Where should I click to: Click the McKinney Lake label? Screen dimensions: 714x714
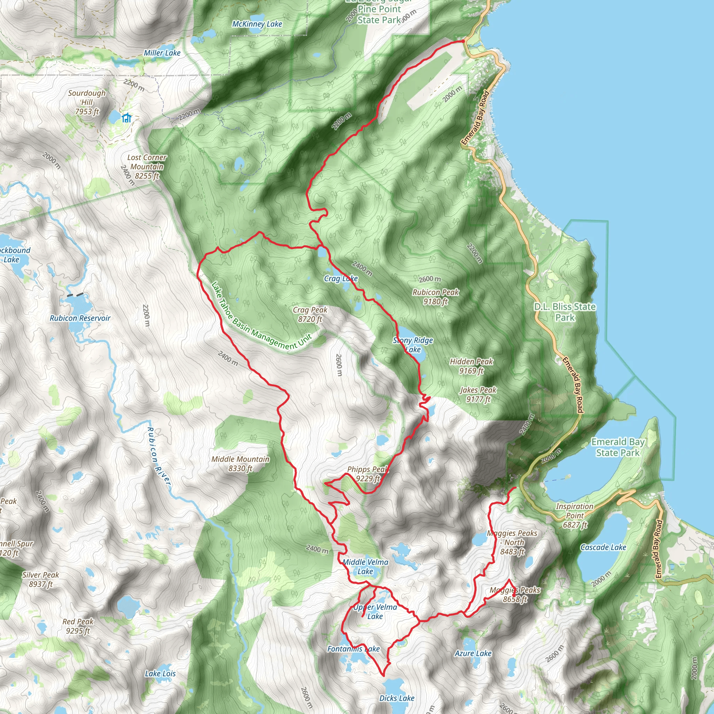click(x=257, y=24)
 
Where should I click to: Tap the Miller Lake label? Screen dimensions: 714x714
click(x=162, y=53)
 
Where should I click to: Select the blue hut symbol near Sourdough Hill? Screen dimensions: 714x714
click(x=127, y=118)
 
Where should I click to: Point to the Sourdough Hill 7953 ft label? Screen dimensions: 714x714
click(x=87, y=102)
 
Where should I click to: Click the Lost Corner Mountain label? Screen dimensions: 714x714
click(x=147, y=167)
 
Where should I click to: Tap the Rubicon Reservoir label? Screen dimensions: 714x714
click(x=80, y=318)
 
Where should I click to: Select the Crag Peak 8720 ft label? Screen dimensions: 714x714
click(x=310, y=314)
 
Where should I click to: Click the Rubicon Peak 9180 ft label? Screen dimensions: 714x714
click(x=435, y=297)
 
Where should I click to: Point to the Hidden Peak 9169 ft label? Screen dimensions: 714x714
click(x=471, y=366)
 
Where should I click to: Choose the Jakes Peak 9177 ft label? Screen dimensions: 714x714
click(x=478, y=394)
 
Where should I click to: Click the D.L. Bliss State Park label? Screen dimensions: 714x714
click(x=565, y=312)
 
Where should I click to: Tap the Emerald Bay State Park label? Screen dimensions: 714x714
click(x=617, y=447)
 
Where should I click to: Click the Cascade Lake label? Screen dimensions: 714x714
click(x=603, y=547)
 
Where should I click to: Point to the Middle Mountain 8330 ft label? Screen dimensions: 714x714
click(x=240, y=463)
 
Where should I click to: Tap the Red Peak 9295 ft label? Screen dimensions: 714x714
click(x=78, y=626)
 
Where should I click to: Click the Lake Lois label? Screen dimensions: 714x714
click(x=160, y=673)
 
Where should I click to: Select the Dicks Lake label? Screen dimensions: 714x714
click(x=396, y=698)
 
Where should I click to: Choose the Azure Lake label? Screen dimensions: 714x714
click(x=473, y=653)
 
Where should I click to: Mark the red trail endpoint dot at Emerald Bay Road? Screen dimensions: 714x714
click(x=463, y=41)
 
